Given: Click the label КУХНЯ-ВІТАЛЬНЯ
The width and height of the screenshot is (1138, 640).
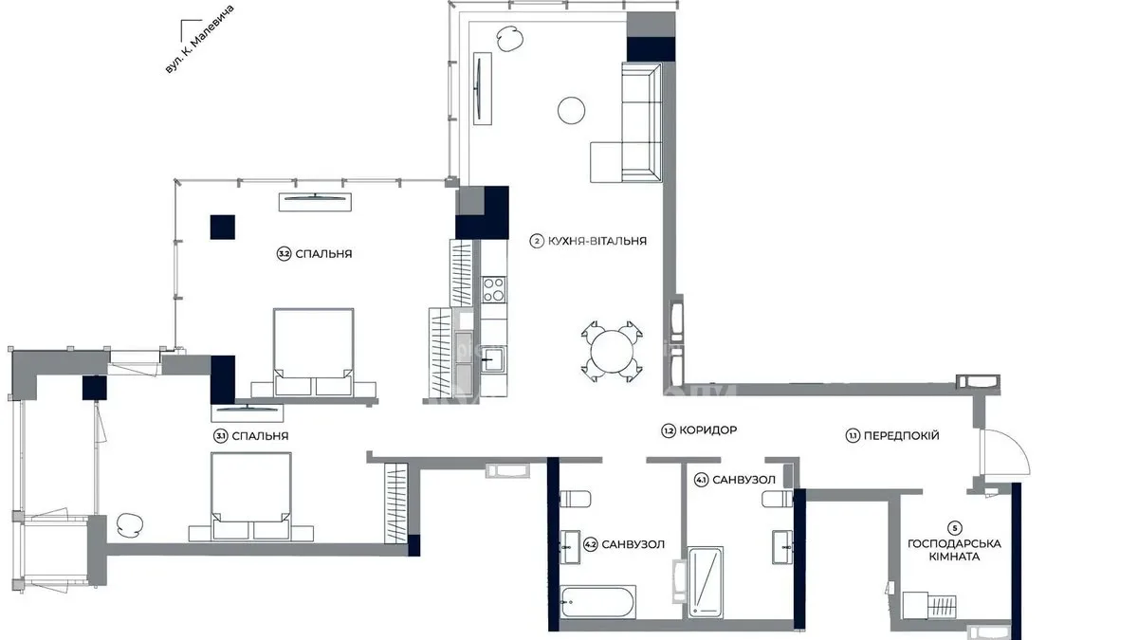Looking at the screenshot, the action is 597,241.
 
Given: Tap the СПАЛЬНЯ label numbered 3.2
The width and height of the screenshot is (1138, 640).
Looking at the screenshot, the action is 323,254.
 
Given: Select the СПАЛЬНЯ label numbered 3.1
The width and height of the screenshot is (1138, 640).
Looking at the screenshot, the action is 260,436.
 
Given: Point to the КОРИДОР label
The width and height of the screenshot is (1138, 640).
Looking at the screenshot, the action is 707,430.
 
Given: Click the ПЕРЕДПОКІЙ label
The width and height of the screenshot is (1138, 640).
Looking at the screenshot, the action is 901,435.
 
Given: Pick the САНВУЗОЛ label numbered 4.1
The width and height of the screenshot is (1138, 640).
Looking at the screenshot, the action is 743,480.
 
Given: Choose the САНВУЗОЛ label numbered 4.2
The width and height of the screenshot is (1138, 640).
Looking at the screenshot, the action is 633,544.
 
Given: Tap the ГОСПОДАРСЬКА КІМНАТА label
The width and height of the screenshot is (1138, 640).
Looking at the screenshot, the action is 954,550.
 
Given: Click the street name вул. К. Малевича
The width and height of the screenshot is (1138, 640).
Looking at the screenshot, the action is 200,40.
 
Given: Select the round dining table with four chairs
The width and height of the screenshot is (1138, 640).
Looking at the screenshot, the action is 612,352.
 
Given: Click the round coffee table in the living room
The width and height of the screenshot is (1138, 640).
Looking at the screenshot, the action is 571,110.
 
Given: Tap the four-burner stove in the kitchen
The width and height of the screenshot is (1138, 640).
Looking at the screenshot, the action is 494,289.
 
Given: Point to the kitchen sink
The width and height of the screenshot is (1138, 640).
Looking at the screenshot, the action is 492,359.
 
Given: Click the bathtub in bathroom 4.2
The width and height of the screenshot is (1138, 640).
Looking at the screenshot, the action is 597,602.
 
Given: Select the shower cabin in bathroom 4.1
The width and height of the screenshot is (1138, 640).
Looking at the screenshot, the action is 705,582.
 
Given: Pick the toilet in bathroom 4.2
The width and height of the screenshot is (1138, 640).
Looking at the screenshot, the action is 575,499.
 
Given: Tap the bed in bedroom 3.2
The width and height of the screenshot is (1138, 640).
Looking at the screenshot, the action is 314,352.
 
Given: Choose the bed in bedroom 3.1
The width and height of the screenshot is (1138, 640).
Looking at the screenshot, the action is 251,496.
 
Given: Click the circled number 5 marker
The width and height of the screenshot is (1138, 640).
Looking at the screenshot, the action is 955,528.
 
